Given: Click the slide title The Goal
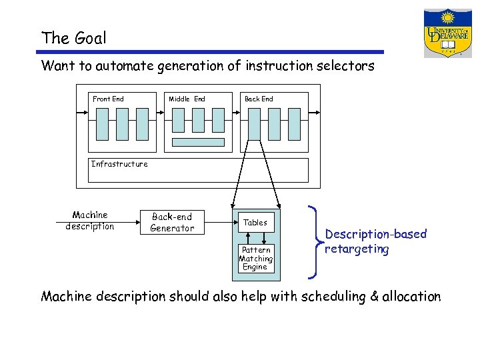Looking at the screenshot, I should click(73, 38).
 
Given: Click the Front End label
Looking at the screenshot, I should click(108, 99).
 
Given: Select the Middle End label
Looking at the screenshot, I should click(187, 99).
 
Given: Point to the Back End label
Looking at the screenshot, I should click(259, 99).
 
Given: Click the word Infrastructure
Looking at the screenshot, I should click(119, 164).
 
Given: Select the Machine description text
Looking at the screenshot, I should click(90, 221).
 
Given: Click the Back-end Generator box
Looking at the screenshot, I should click(172, 223).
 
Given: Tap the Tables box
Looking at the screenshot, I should click(255, 223).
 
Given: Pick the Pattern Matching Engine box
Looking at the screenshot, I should click(255, 259).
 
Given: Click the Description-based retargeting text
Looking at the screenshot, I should click(375, 241).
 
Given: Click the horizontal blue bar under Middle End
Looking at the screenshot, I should click(199, 142).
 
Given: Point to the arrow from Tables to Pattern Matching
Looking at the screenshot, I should click(264, 239).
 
